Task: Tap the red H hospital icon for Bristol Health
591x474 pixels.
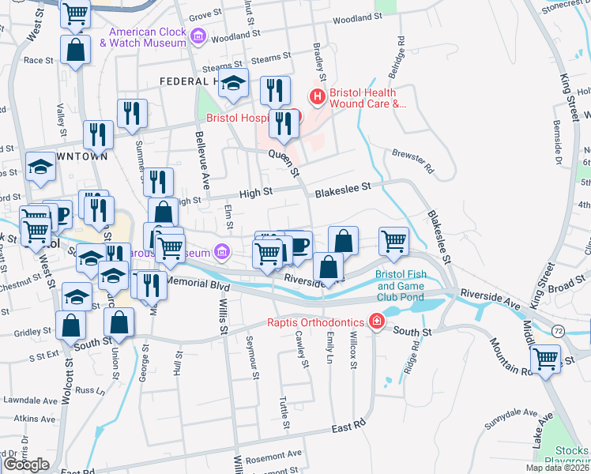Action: coord(317,97)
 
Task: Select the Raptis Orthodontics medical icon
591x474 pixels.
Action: coord(377,322)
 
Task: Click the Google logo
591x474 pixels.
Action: coord(25,465)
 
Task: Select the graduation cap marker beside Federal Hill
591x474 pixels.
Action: coord(233,83)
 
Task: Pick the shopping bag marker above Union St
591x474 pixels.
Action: coord(119,322)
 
